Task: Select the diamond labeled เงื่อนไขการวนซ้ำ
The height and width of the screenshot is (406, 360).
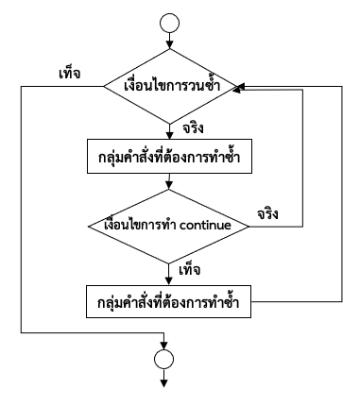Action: [x=170, y=86]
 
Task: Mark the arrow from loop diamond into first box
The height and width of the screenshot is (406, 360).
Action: [x=170, y=129]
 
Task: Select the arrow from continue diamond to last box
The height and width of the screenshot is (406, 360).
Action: [x=170, y=269]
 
